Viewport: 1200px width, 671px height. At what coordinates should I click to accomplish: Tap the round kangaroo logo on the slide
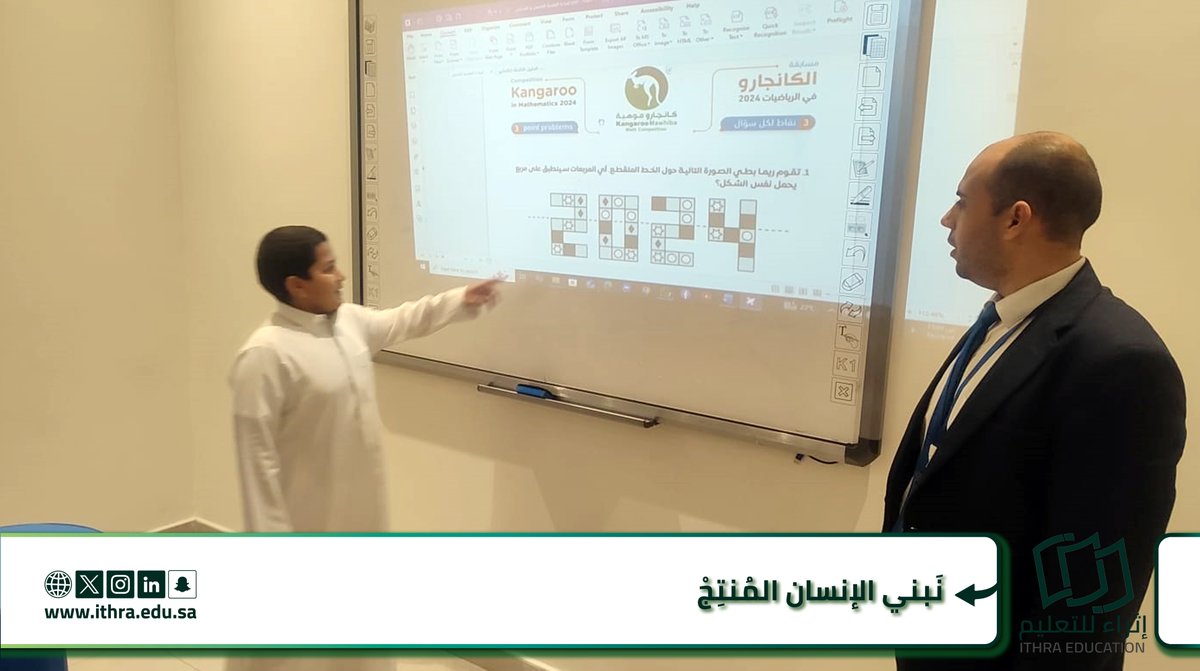coord(646,88)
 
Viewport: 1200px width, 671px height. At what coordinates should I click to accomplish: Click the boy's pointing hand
coord(484,291)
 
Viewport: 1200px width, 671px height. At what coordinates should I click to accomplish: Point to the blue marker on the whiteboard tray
coord(536,392)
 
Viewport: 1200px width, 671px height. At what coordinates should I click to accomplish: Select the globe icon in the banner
coord(58,584)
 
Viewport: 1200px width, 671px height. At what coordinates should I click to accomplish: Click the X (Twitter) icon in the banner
coord(89,584)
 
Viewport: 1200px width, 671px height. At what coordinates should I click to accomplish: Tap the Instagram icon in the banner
coord(120,584)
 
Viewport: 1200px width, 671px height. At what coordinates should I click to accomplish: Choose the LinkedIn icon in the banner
coord(151,584)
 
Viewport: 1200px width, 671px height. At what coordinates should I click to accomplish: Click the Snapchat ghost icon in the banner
coord(182,584)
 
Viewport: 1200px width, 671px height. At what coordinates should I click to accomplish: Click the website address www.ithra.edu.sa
coord(120,612)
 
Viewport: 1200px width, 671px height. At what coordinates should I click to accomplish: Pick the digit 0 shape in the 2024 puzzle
coord(618,227)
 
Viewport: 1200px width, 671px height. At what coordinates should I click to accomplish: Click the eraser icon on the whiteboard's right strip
coord(853,281)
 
